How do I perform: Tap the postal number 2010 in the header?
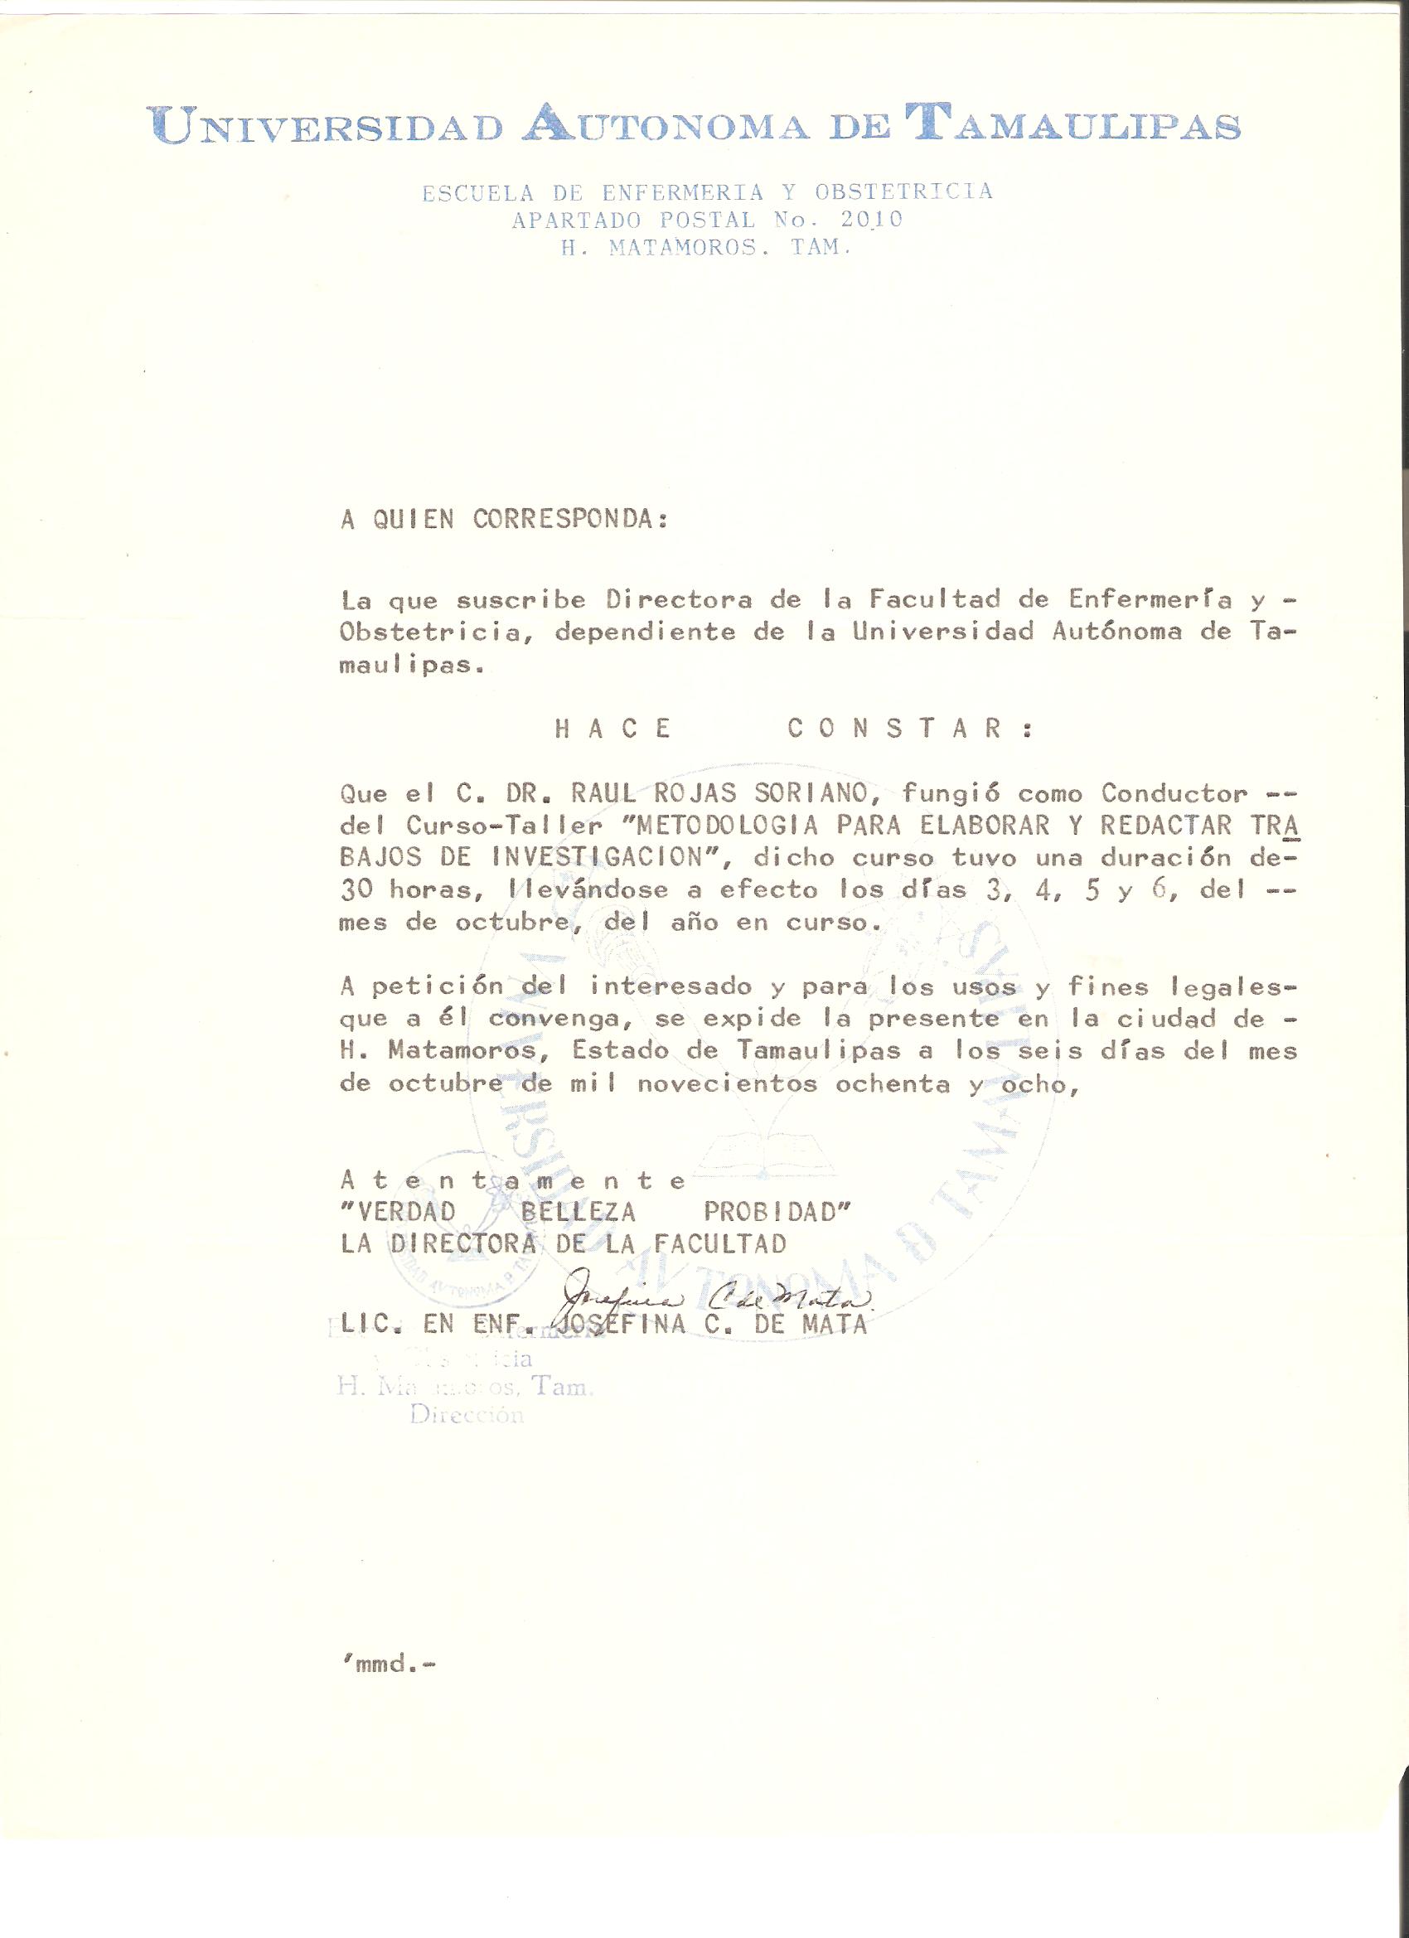click(x=871, y=220)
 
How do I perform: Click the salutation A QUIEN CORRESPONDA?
click(x=503, y=520)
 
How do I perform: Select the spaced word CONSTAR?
click(x=910, y=729)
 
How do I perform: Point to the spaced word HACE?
click(x=613, y=729)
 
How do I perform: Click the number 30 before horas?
click(x=356, y=889)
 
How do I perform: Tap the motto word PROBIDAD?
click(x=777, y=1213)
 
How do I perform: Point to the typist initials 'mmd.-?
click(x=388, y=1664)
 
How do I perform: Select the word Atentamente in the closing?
click(x=513, y=1181)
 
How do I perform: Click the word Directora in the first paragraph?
click(x=680, y=600)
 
